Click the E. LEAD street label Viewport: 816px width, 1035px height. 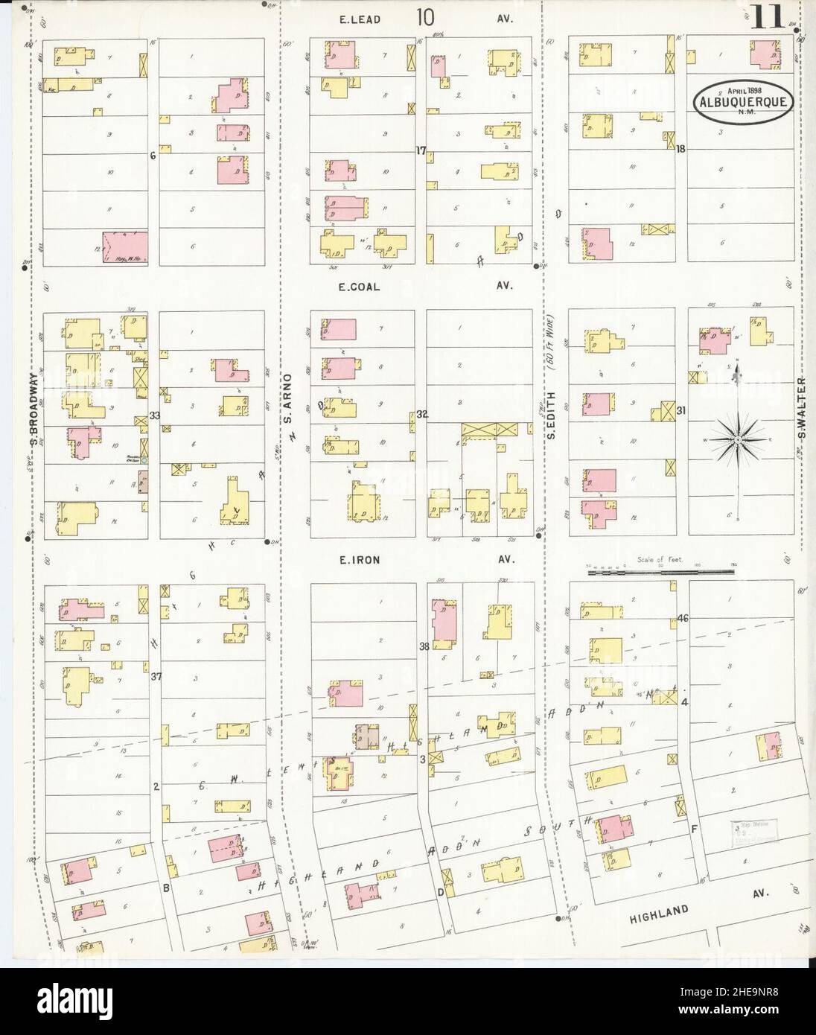click(360, 19)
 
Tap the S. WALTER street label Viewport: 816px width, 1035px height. click(802, 416)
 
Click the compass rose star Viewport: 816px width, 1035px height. click(736, 441)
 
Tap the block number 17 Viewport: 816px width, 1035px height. click(421, 150)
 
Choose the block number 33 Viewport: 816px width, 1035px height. click(154, 416)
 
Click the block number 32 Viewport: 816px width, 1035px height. click(422, 414)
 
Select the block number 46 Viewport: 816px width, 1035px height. click(683, 618)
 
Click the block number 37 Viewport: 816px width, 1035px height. click(155, 677)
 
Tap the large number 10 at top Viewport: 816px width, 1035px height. click(426, 16)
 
